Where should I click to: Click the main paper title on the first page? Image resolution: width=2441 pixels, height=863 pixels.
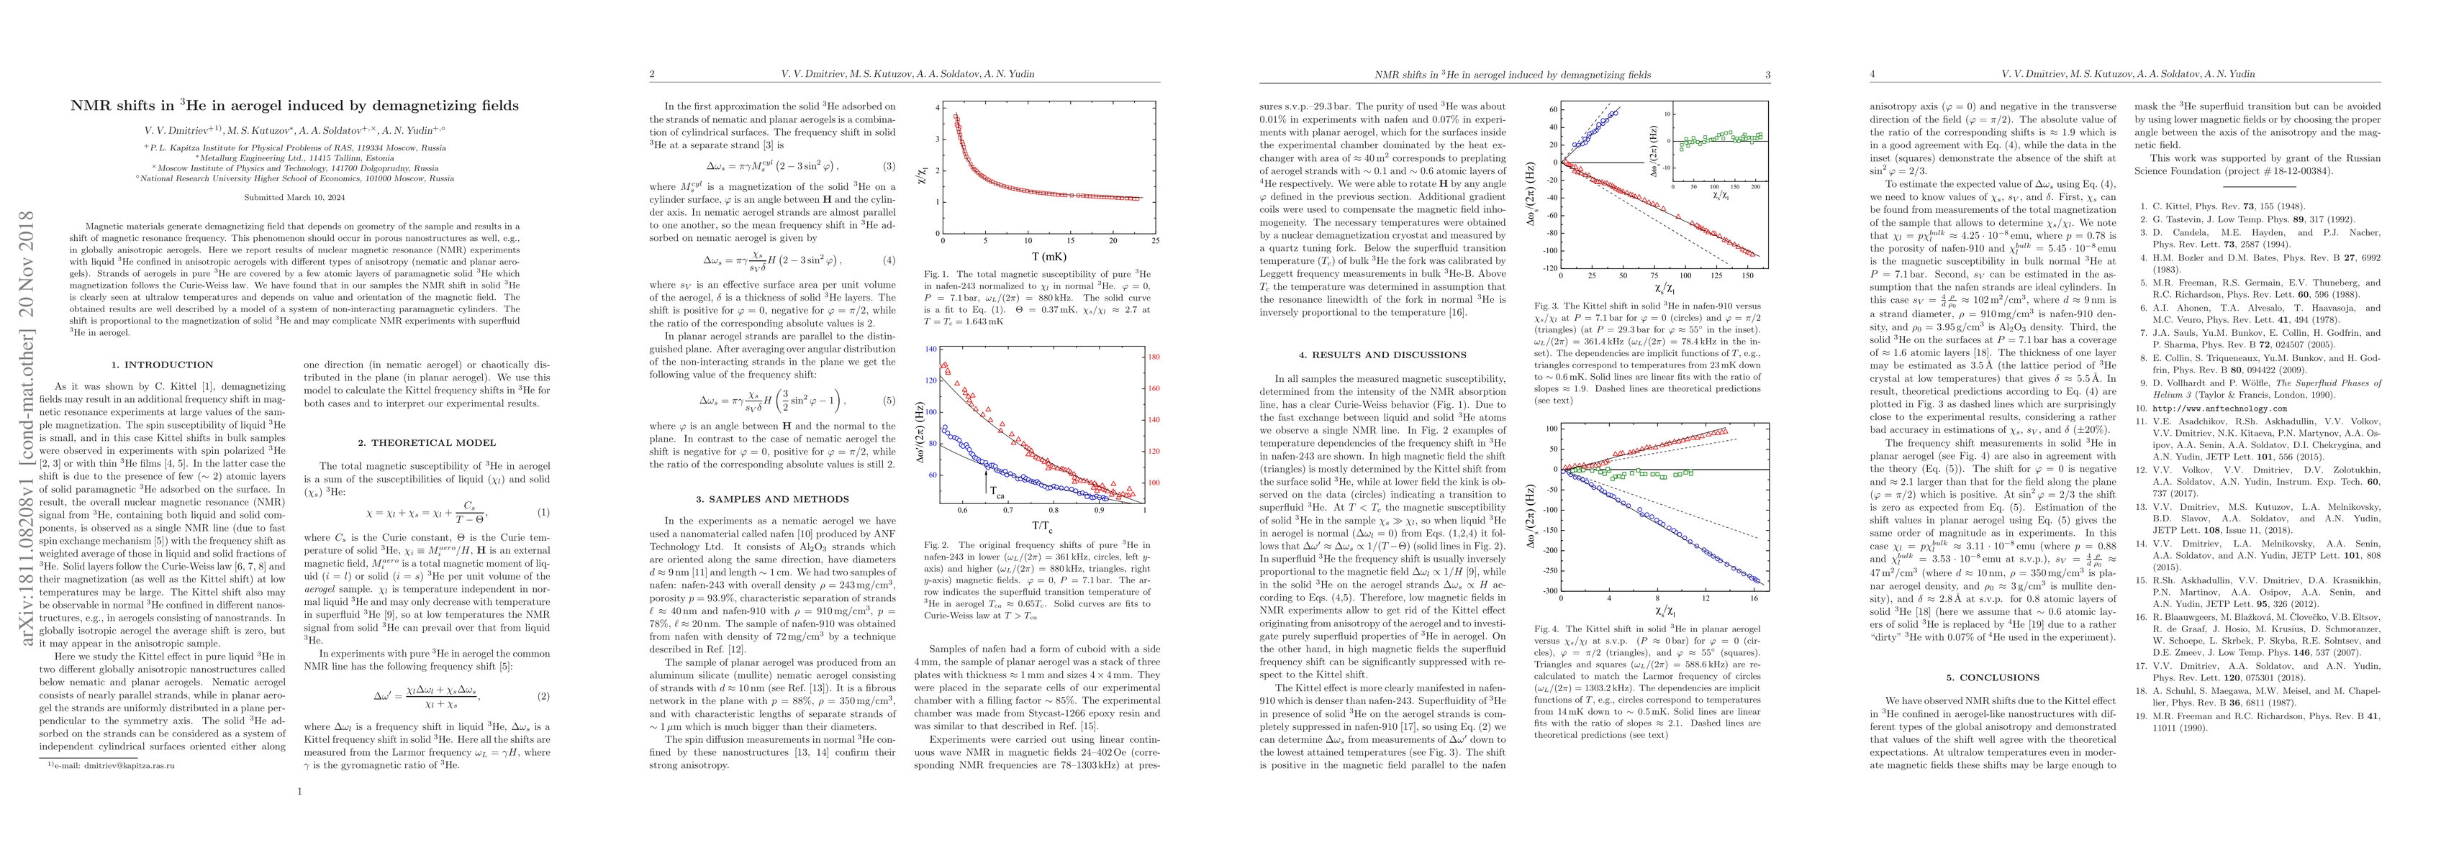295,105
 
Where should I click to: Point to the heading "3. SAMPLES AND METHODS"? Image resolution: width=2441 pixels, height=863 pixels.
771,499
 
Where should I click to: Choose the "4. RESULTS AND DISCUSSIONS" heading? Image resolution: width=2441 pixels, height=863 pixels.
1382,355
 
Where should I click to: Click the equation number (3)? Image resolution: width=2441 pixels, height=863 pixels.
888,166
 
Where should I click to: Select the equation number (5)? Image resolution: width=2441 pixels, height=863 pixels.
888,401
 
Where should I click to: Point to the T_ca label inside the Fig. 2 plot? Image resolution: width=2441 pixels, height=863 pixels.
997,492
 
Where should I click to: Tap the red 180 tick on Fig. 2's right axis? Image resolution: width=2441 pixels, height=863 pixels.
1154,358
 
